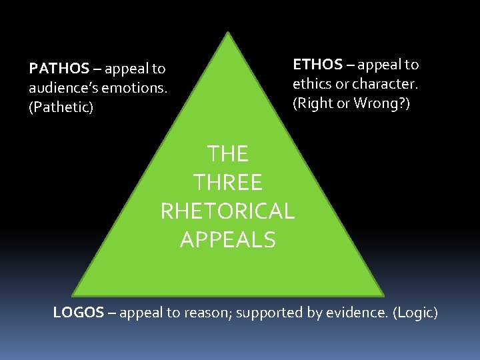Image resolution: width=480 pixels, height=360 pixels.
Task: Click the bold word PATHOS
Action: point(59,69)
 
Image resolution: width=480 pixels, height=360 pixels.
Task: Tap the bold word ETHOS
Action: point(317,65)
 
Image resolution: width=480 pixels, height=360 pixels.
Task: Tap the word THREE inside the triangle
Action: point(227,182)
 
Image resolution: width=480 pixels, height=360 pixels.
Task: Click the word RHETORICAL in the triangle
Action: point(227,211)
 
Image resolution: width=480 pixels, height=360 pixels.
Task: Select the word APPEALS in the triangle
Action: point(227,239)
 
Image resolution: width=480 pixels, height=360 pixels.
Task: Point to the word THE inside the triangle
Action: point(227,154)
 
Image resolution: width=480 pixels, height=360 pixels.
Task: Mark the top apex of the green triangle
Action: point(229,32)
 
